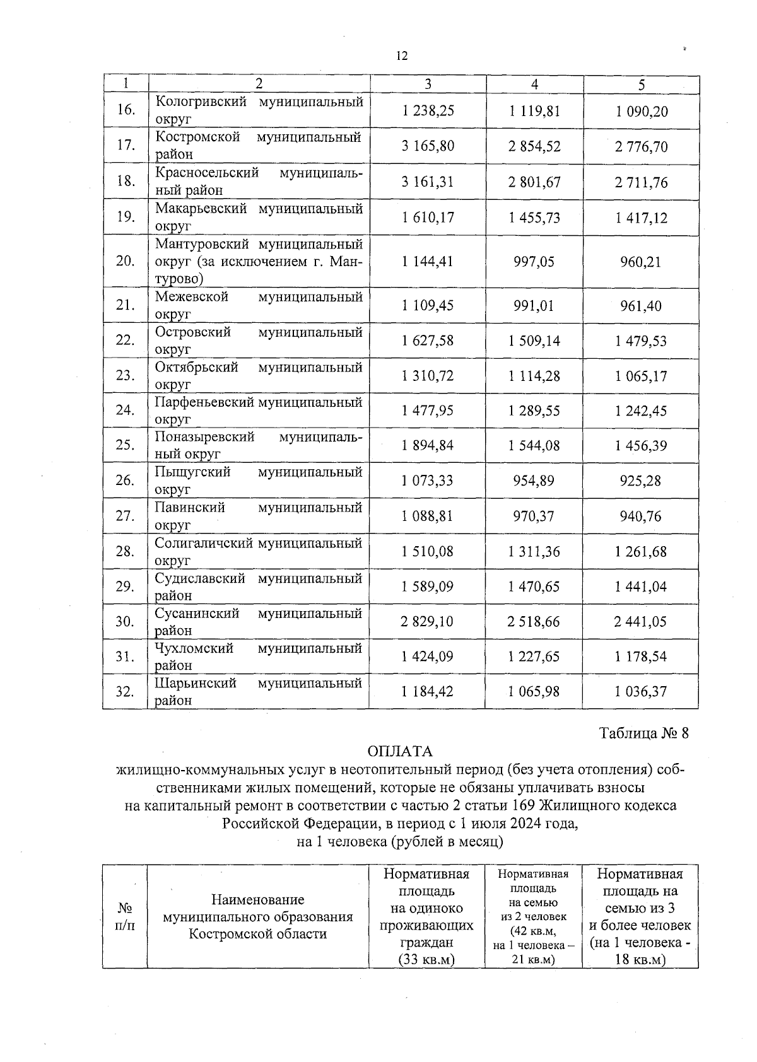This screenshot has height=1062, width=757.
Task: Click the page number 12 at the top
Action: coord(402,56)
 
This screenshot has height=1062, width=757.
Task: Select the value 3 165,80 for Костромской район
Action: coord(428,146)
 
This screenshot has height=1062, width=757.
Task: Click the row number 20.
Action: coord(126,261)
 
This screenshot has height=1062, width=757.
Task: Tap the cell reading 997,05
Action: coord(534,262)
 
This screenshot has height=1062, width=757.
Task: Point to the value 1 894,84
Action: coord(428,446)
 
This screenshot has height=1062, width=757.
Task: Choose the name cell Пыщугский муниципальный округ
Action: coord(259,481)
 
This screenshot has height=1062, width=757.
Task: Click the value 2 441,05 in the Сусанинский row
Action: coord(640,622)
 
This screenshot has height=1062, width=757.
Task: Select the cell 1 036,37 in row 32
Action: coord(640,692)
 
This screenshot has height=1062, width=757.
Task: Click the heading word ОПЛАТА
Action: coord(400,752)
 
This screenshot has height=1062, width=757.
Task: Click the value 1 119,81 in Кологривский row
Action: coord(534,112)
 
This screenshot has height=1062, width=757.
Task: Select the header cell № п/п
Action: coord(126,916)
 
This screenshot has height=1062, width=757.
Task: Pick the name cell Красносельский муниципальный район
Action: coord(259,182)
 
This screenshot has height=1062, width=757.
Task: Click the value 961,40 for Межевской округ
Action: coord(640,306)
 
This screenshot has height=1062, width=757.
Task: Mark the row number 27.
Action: coord(126,516)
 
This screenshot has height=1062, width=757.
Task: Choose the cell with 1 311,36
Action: coord(534,552)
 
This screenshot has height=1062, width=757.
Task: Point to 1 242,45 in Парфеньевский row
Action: coord(640,411)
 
